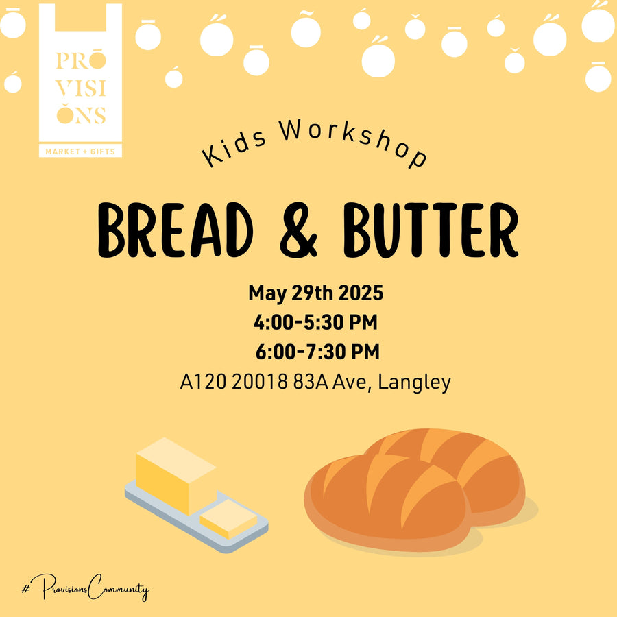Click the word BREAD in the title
point(175,230)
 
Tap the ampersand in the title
point(298,230)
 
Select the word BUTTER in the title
point(431,230)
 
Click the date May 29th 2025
point(315,293)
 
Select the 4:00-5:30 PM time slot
point(315,322)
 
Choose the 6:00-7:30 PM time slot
point(317,352)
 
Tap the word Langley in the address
point(414,383)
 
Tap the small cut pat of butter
point(228,519)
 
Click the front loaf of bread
point(387,502)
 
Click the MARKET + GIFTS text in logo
point(80,152)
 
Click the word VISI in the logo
point(81,89)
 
